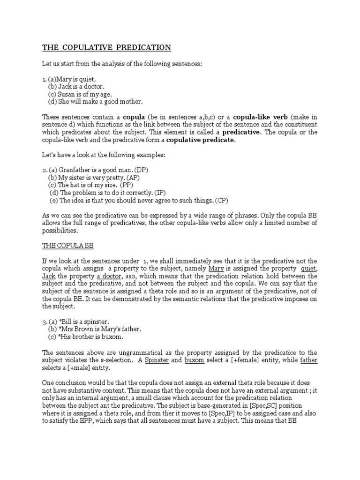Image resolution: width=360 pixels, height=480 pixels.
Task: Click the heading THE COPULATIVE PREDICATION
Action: click(106, 47)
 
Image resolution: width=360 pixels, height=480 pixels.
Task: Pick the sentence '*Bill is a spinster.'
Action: click(82, 322)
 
